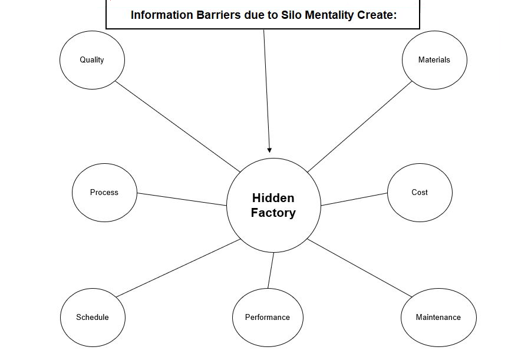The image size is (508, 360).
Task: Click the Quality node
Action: (x=92, y=60)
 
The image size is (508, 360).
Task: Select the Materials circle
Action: (x=434, y=60)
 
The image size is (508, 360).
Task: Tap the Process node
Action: (x=104, y=193)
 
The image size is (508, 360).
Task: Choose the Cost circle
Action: (x=420, y=193)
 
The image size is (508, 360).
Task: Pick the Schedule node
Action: (x=93, y=318)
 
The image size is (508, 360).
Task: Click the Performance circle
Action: (x=268, y=318)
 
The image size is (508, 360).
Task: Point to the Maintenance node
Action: (x=438, y=318)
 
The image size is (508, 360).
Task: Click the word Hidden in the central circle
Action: (x=273, y=198)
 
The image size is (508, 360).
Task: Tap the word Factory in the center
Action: (x=273, y=213)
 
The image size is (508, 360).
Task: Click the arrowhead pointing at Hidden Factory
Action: (x=269, y=150)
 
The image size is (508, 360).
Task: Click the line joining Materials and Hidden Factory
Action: (x=359, y=127)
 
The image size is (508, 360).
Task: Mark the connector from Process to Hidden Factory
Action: (x=182, y=199)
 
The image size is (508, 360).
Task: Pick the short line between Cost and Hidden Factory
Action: (x=354, y=199)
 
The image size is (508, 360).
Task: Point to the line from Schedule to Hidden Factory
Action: (x=179, y=268)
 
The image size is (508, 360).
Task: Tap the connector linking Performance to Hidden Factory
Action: (x=271, y=270)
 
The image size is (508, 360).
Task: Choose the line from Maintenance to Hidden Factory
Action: (x=359, y=268)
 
